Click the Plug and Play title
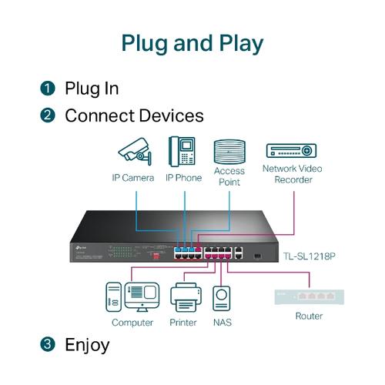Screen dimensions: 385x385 click(x=192, y=42)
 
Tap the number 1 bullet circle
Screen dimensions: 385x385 click(x=48, y=89)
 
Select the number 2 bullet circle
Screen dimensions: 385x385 click(x=48, y=116)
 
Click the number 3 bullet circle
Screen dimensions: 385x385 click(x=48, y=344)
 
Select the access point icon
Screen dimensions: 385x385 click(x=229, y=149)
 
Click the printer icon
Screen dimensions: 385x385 click(x=184, y=297)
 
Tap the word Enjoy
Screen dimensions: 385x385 click(x=87, y=344)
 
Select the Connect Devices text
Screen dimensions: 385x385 click(x=134, y=116)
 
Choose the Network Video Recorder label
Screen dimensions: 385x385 click(x=293, y=174)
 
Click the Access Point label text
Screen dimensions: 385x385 click(x=229, y=176)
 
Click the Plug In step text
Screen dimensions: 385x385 click(x=92, y=89)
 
